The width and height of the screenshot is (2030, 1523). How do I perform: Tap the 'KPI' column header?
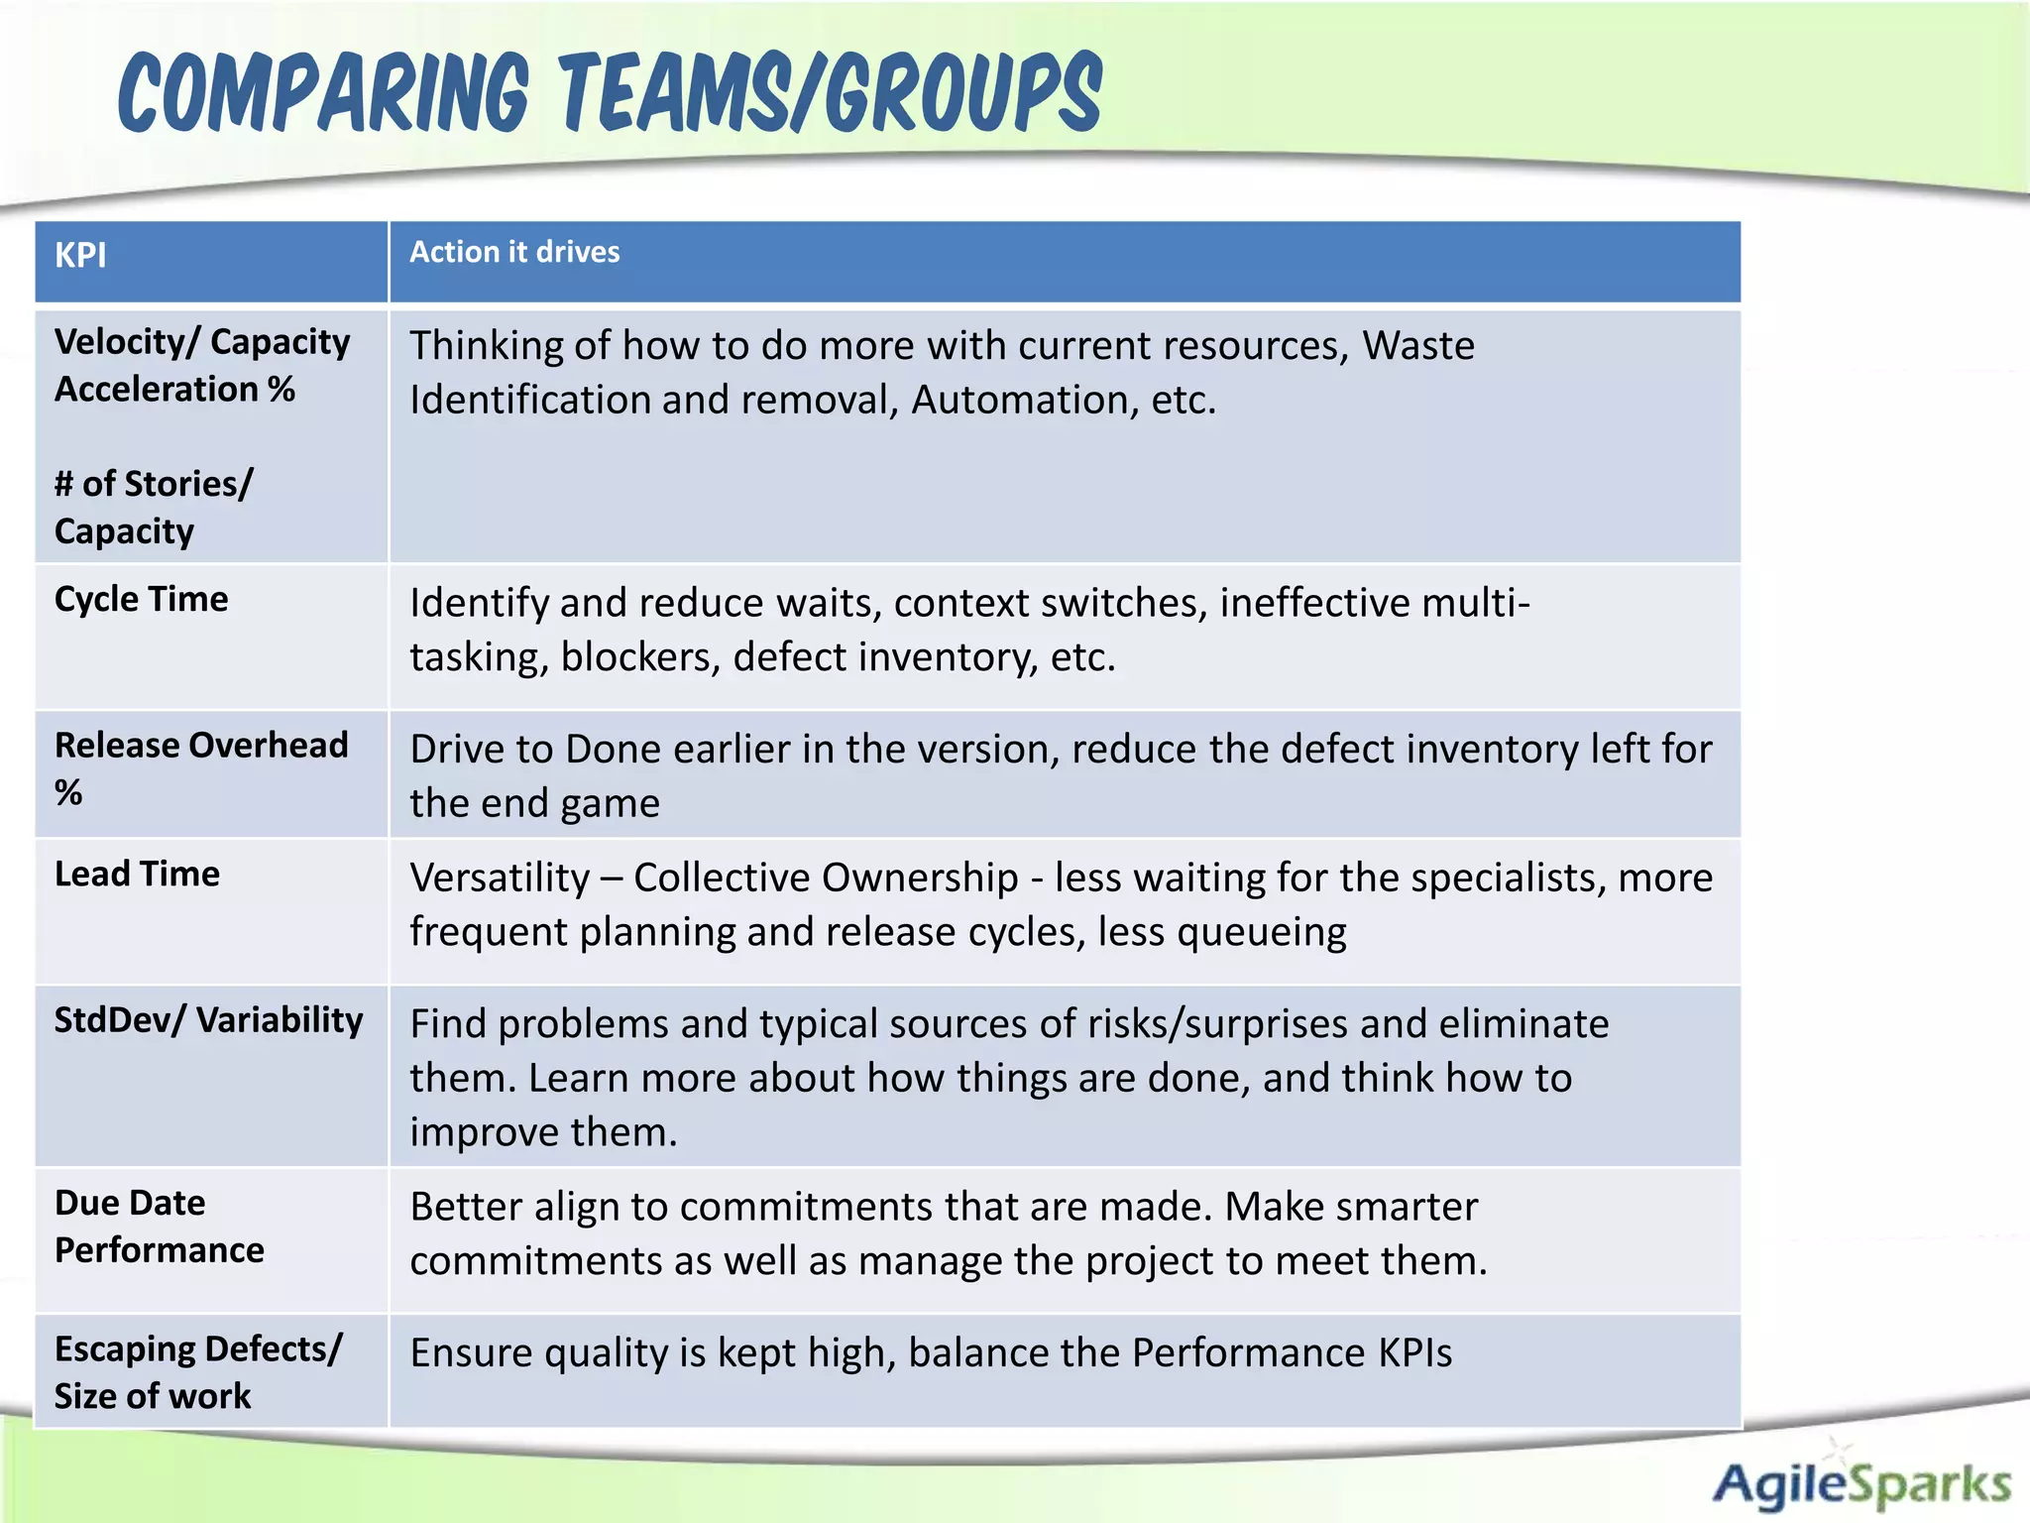80,256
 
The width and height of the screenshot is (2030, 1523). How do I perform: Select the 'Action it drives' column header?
514,252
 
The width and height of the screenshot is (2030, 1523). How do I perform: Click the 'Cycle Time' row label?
141,599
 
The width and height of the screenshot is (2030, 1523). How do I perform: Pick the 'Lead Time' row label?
137,874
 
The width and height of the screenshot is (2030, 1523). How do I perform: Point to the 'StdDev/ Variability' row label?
208,1020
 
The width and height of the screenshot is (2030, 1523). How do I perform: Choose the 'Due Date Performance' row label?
159,1227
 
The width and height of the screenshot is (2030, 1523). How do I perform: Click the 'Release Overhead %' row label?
201,768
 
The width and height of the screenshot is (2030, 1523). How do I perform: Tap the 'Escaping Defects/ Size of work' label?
197,1372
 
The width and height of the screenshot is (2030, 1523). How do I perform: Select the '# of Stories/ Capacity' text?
154,507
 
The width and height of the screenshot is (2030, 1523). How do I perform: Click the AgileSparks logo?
1861,1483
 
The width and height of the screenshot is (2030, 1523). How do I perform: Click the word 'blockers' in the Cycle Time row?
640,657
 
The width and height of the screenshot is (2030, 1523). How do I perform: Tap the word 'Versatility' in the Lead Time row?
501,879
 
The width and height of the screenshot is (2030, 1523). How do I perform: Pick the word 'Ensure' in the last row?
472,1353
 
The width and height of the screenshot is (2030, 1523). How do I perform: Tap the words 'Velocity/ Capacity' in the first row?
202,342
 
